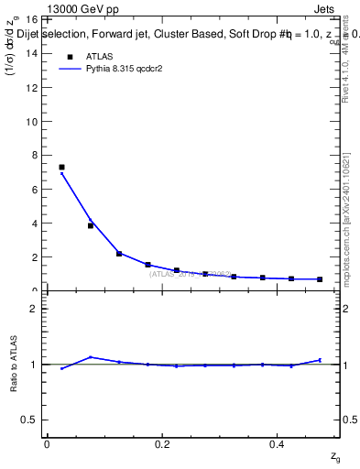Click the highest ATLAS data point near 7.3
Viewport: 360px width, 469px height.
61,168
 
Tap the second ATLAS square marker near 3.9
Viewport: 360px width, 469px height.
91,225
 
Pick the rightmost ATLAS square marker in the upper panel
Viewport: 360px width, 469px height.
320,278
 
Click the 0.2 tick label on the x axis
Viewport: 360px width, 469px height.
162,444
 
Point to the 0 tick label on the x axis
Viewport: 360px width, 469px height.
47,444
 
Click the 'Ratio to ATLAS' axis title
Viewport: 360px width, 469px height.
14,364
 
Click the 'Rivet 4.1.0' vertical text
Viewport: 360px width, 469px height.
349,87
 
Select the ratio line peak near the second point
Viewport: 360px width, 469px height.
91,357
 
